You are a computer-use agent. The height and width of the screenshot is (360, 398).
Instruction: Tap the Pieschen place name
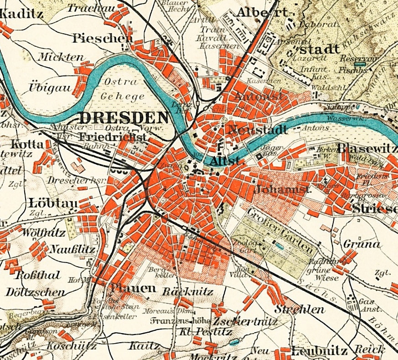point(102,38)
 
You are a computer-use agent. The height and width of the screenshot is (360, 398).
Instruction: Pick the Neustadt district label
point(256,130)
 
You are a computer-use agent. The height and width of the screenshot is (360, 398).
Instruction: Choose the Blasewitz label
point(367,148)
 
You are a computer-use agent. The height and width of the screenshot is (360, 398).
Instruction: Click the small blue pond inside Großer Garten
point(279,246)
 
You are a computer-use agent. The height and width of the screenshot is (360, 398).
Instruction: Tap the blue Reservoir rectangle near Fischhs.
point(360,65)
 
